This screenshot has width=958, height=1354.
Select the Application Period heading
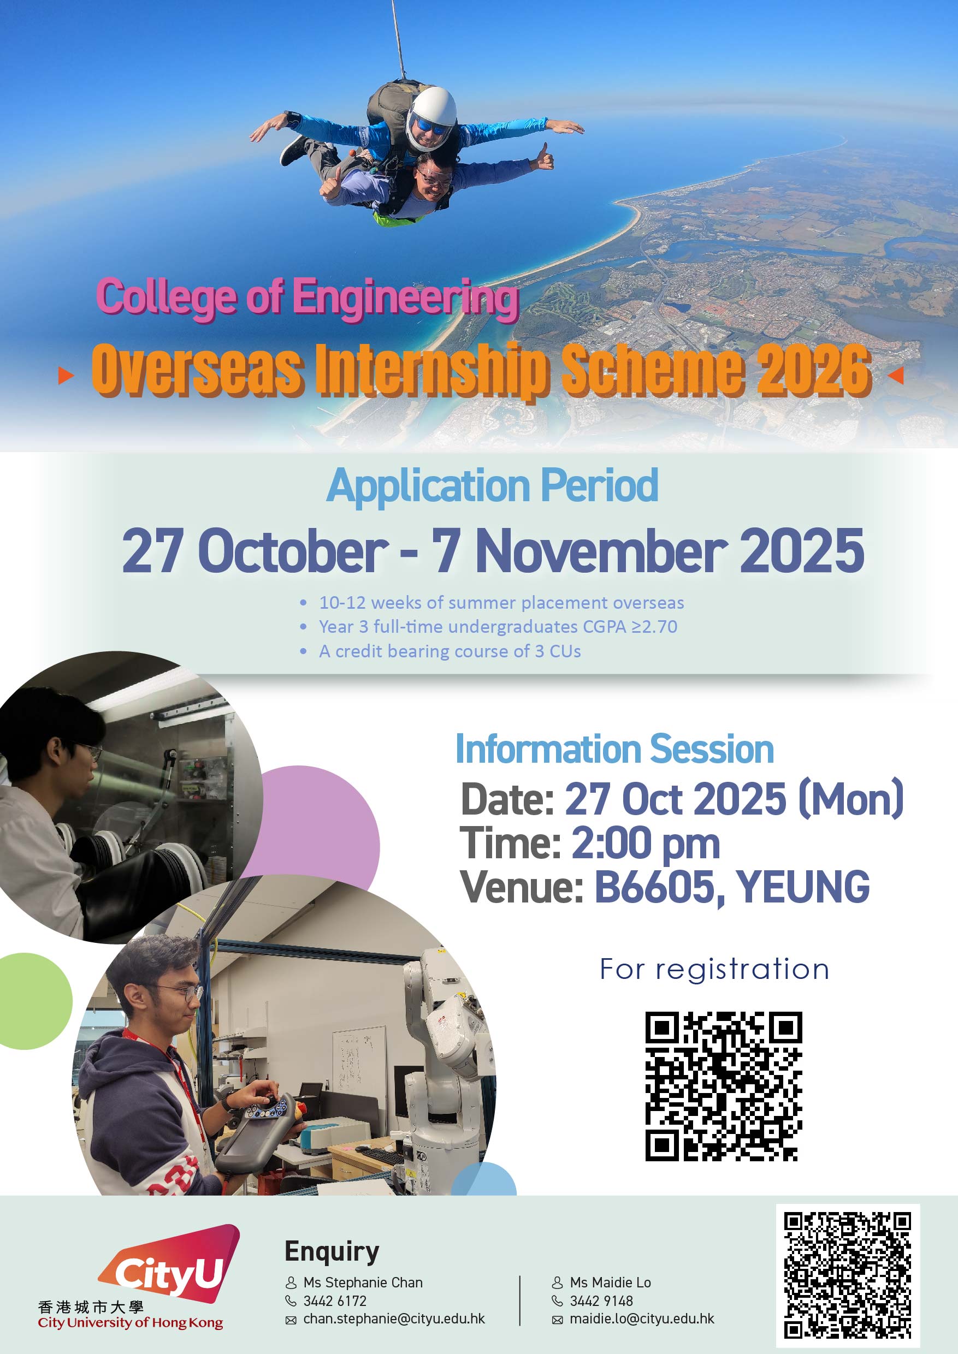click(493, 486)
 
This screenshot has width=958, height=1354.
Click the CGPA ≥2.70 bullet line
click(498, 626)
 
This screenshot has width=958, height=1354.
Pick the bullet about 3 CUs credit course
click(450, 651)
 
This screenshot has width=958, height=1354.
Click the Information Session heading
click(614, 749)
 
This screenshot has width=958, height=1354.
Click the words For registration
click(714, 969)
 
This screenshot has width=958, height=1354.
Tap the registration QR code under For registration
click(723, 1086)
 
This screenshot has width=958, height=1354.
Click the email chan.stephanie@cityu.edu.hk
click(394, 1319)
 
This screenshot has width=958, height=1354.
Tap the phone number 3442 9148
click(601, 1300)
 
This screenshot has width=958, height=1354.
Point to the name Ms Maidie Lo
click(610, 1282)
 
